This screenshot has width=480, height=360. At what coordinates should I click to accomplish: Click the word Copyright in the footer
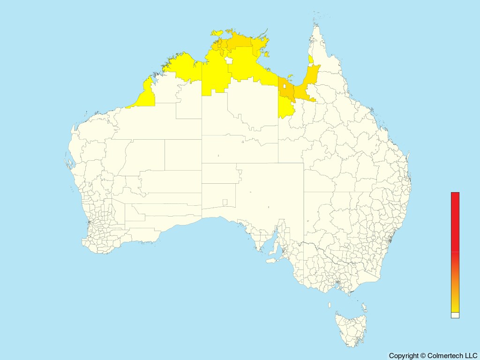click(x=404, y=356)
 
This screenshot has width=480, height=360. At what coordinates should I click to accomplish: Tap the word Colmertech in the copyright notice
click(x=443, y=356)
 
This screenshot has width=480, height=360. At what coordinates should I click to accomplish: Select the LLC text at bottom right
click(x=470, y=356)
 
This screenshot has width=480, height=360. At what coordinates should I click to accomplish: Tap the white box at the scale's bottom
click(x=455, y=315)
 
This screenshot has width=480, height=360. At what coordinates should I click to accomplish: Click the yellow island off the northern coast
click(x=217, y=33)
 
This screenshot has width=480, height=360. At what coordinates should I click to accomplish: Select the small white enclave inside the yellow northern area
click(x=229, y=60)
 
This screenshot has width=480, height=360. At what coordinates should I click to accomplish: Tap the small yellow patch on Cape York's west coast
click(x=311, y=60)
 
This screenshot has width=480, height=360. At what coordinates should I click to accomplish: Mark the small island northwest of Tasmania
click(x=330, y=305)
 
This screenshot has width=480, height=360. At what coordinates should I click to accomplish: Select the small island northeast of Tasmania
click(x=364, y=307)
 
